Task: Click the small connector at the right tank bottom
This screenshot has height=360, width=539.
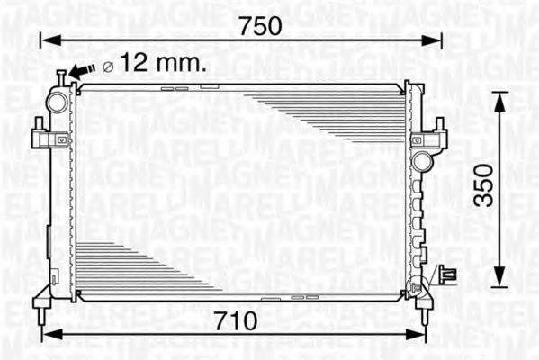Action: (447, 273)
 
